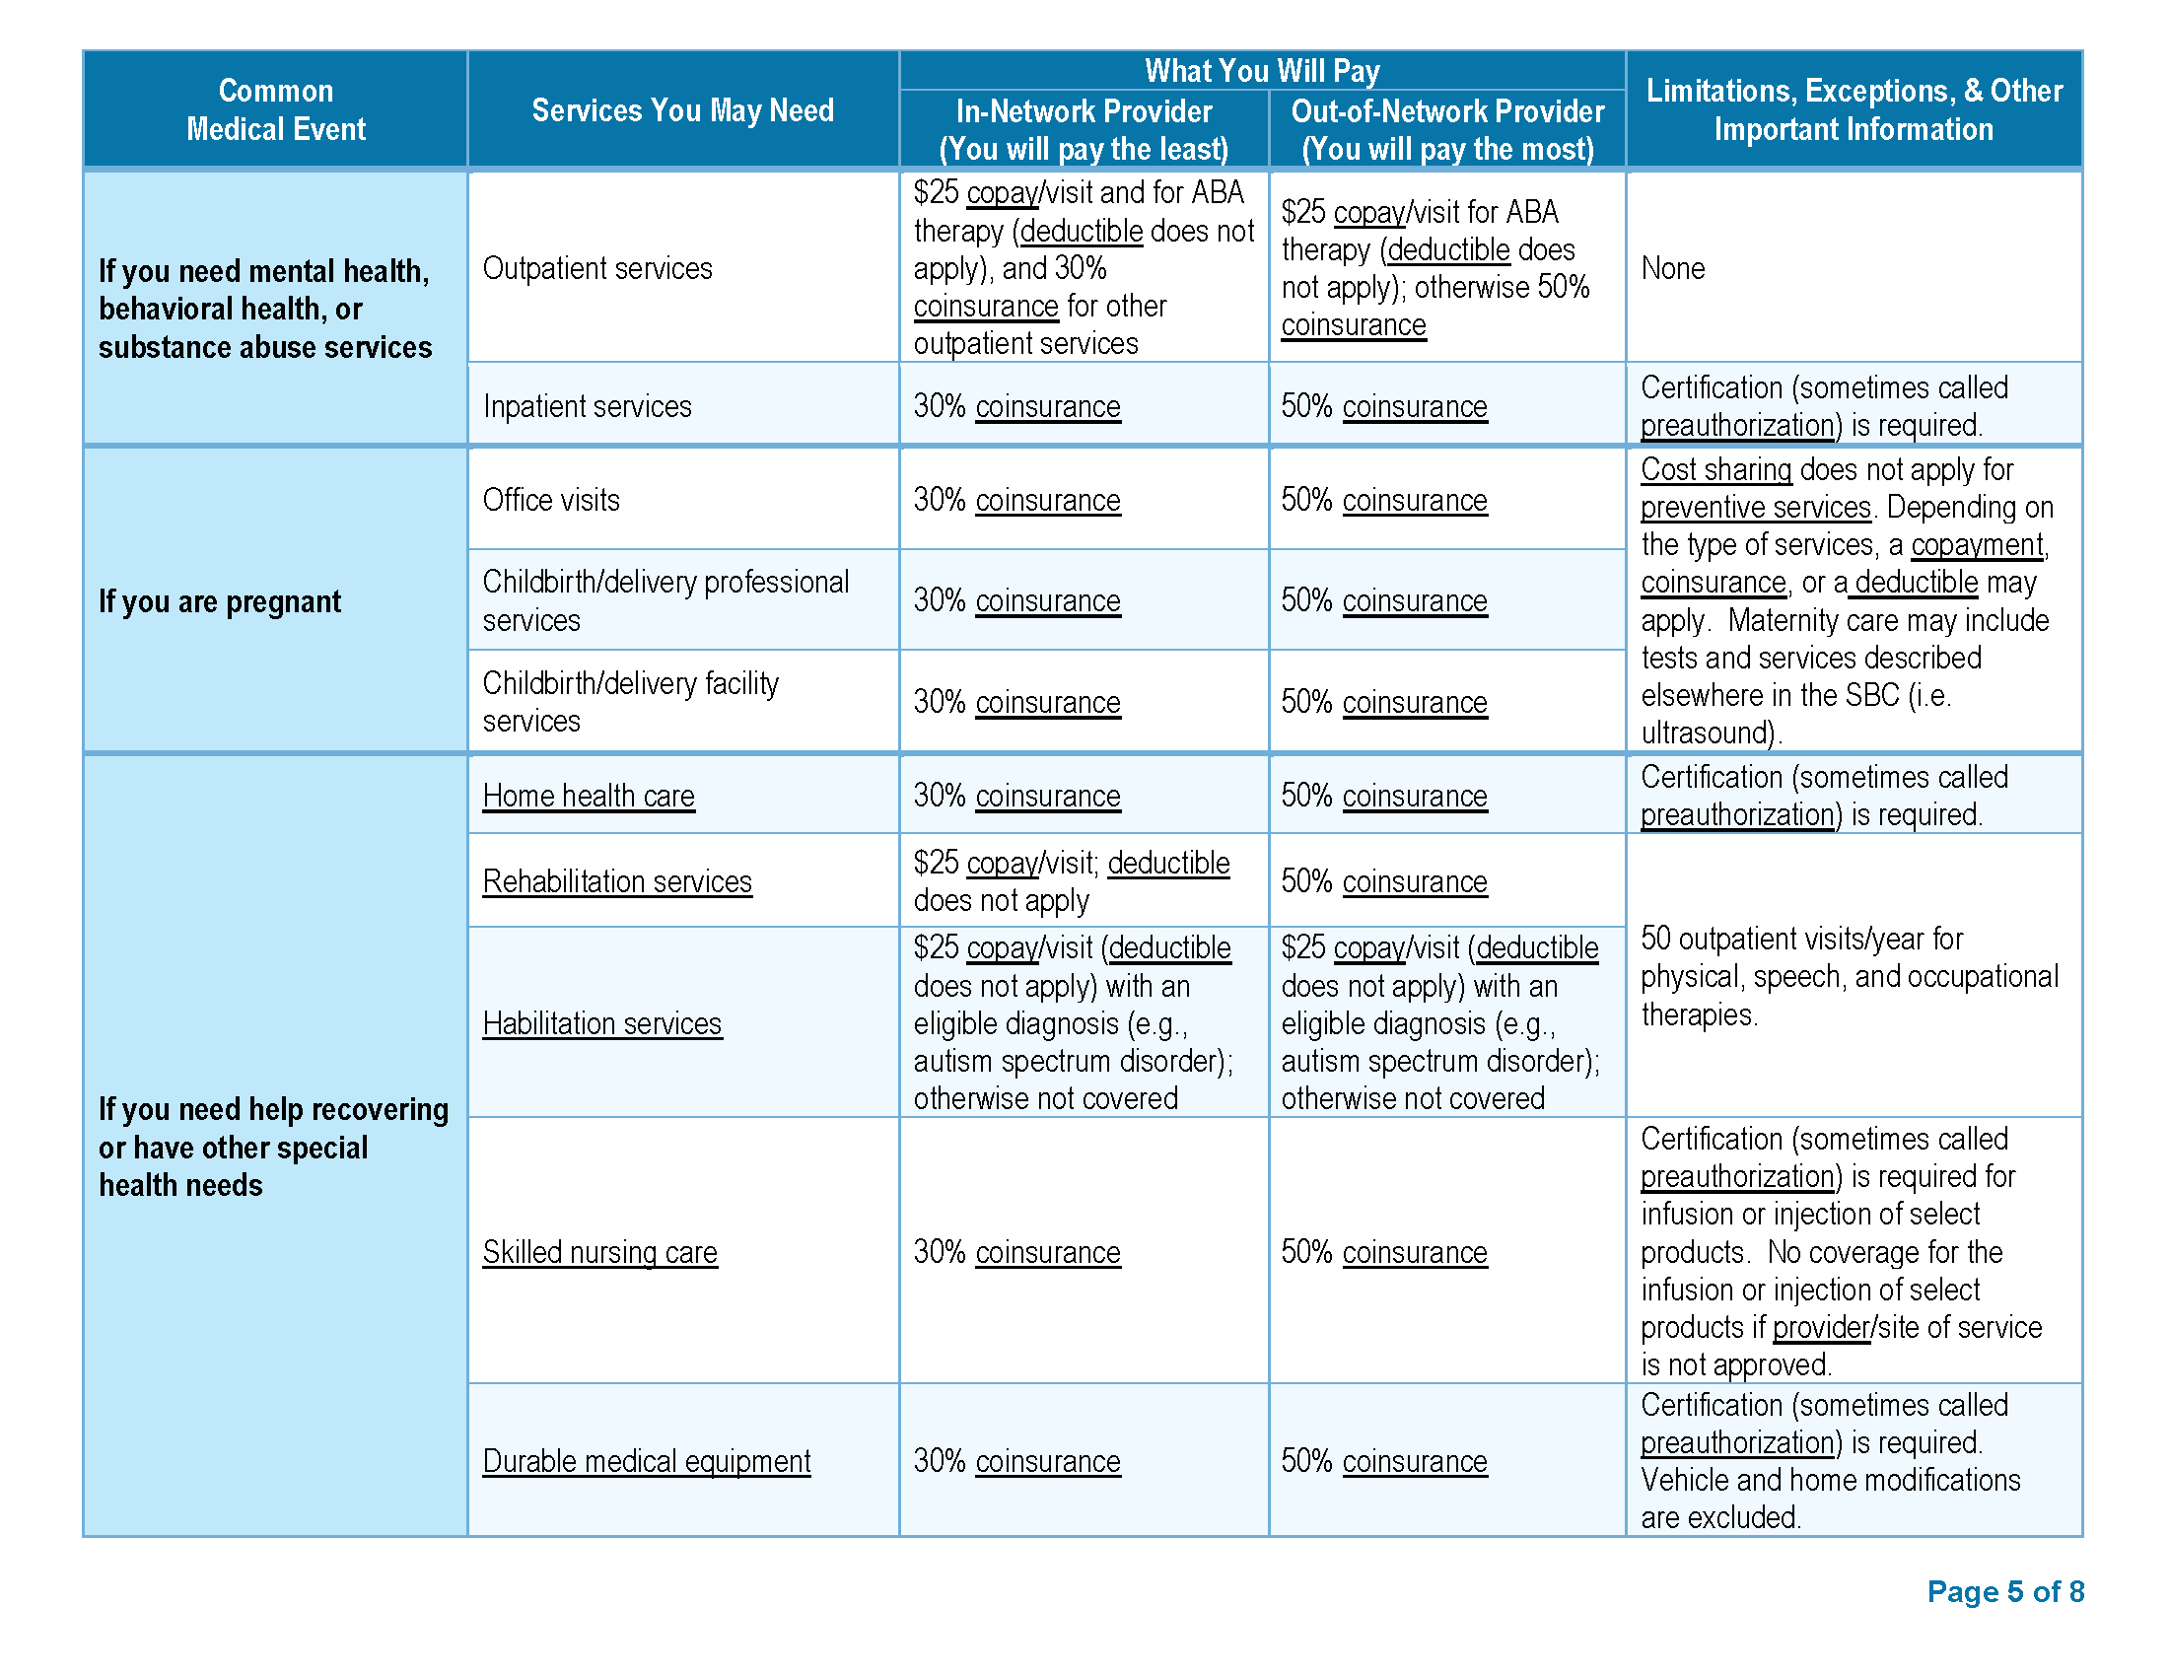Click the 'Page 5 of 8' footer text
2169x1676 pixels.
pos(2004,1591)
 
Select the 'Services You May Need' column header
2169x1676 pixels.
pos(682,110)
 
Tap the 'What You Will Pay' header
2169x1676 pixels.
pos(1261,71)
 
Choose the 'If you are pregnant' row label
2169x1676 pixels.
pos(220,601)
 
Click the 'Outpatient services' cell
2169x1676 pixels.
pos(596,268)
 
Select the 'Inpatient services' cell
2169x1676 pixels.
pos(587,406)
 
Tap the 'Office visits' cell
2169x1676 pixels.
pos(551,500)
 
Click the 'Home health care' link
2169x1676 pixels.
pos(588,796)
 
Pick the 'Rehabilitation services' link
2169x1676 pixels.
pos(617,880)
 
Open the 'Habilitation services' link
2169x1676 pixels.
pos(601,1022)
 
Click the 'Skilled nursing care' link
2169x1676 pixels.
pos(599,1252)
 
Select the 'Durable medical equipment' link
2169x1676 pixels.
pos(647,1460)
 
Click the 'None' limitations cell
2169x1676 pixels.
pos(1672,268)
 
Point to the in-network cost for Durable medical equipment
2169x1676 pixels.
pos(1017,1460)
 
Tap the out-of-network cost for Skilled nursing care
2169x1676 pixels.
pos(1383,1252)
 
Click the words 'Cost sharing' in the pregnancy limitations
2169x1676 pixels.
pos(1715,468)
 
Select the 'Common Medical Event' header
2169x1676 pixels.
pos(275,110)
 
